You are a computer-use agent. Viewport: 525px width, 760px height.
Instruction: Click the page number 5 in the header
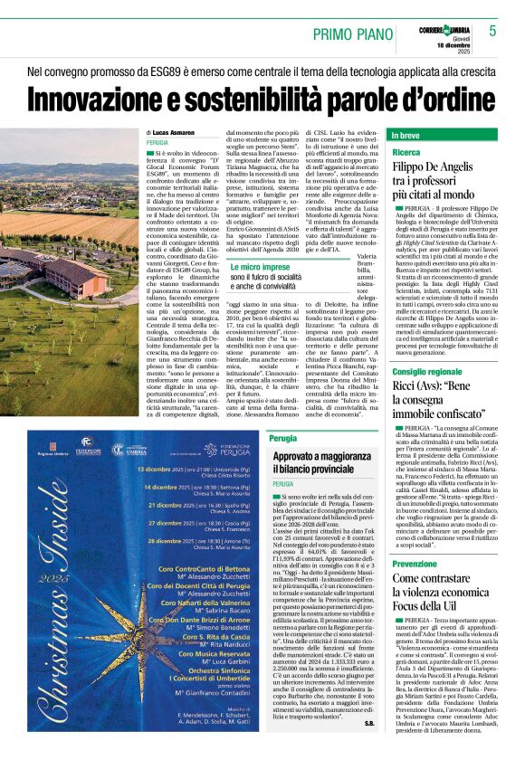tap(492, 31)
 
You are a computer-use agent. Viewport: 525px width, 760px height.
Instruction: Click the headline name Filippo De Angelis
tap(434, 167)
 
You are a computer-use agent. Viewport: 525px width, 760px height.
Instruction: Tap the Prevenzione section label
tap(415, 565)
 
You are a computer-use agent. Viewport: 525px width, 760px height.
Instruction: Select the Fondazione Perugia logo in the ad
tap(224, 448)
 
